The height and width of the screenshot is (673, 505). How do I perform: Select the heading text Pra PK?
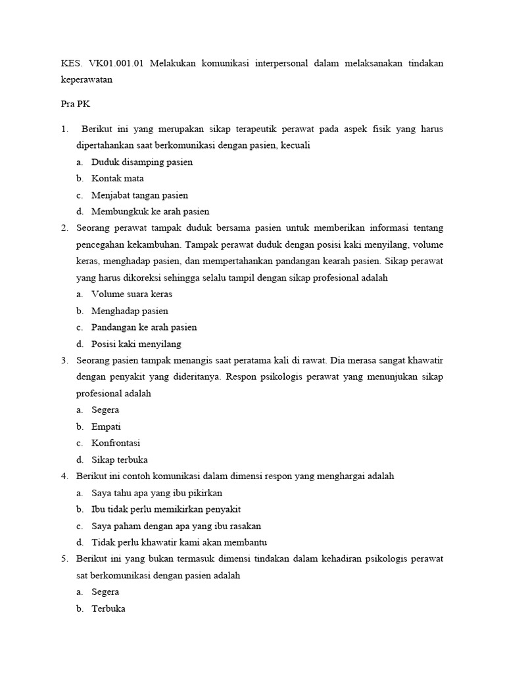(68, 104)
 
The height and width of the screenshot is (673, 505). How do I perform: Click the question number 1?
(64, 129)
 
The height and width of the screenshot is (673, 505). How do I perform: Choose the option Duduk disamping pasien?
(142, 162)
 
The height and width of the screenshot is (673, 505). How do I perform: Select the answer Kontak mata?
(118, 178)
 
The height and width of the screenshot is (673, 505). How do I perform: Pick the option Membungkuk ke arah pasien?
(151, 212)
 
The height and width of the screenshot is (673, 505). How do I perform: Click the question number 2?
(64, 228)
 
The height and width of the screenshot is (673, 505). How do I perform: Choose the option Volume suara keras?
(132, 294)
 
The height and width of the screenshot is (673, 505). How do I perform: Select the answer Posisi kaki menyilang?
(136, 344)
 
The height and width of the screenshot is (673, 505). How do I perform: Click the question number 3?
(64, 361)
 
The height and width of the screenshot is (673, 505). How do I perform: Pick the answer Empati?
(107, 427)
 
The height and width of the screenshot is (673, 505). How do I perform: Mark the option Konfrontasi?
(116, 443)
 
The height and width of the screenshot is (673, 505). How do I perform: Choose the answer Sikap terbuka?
(120, 459)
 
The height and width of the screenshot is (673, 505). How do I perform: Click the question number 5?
(64, 559)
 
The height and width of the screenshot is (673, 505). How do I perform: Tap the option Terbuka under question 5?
(108, 609)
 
